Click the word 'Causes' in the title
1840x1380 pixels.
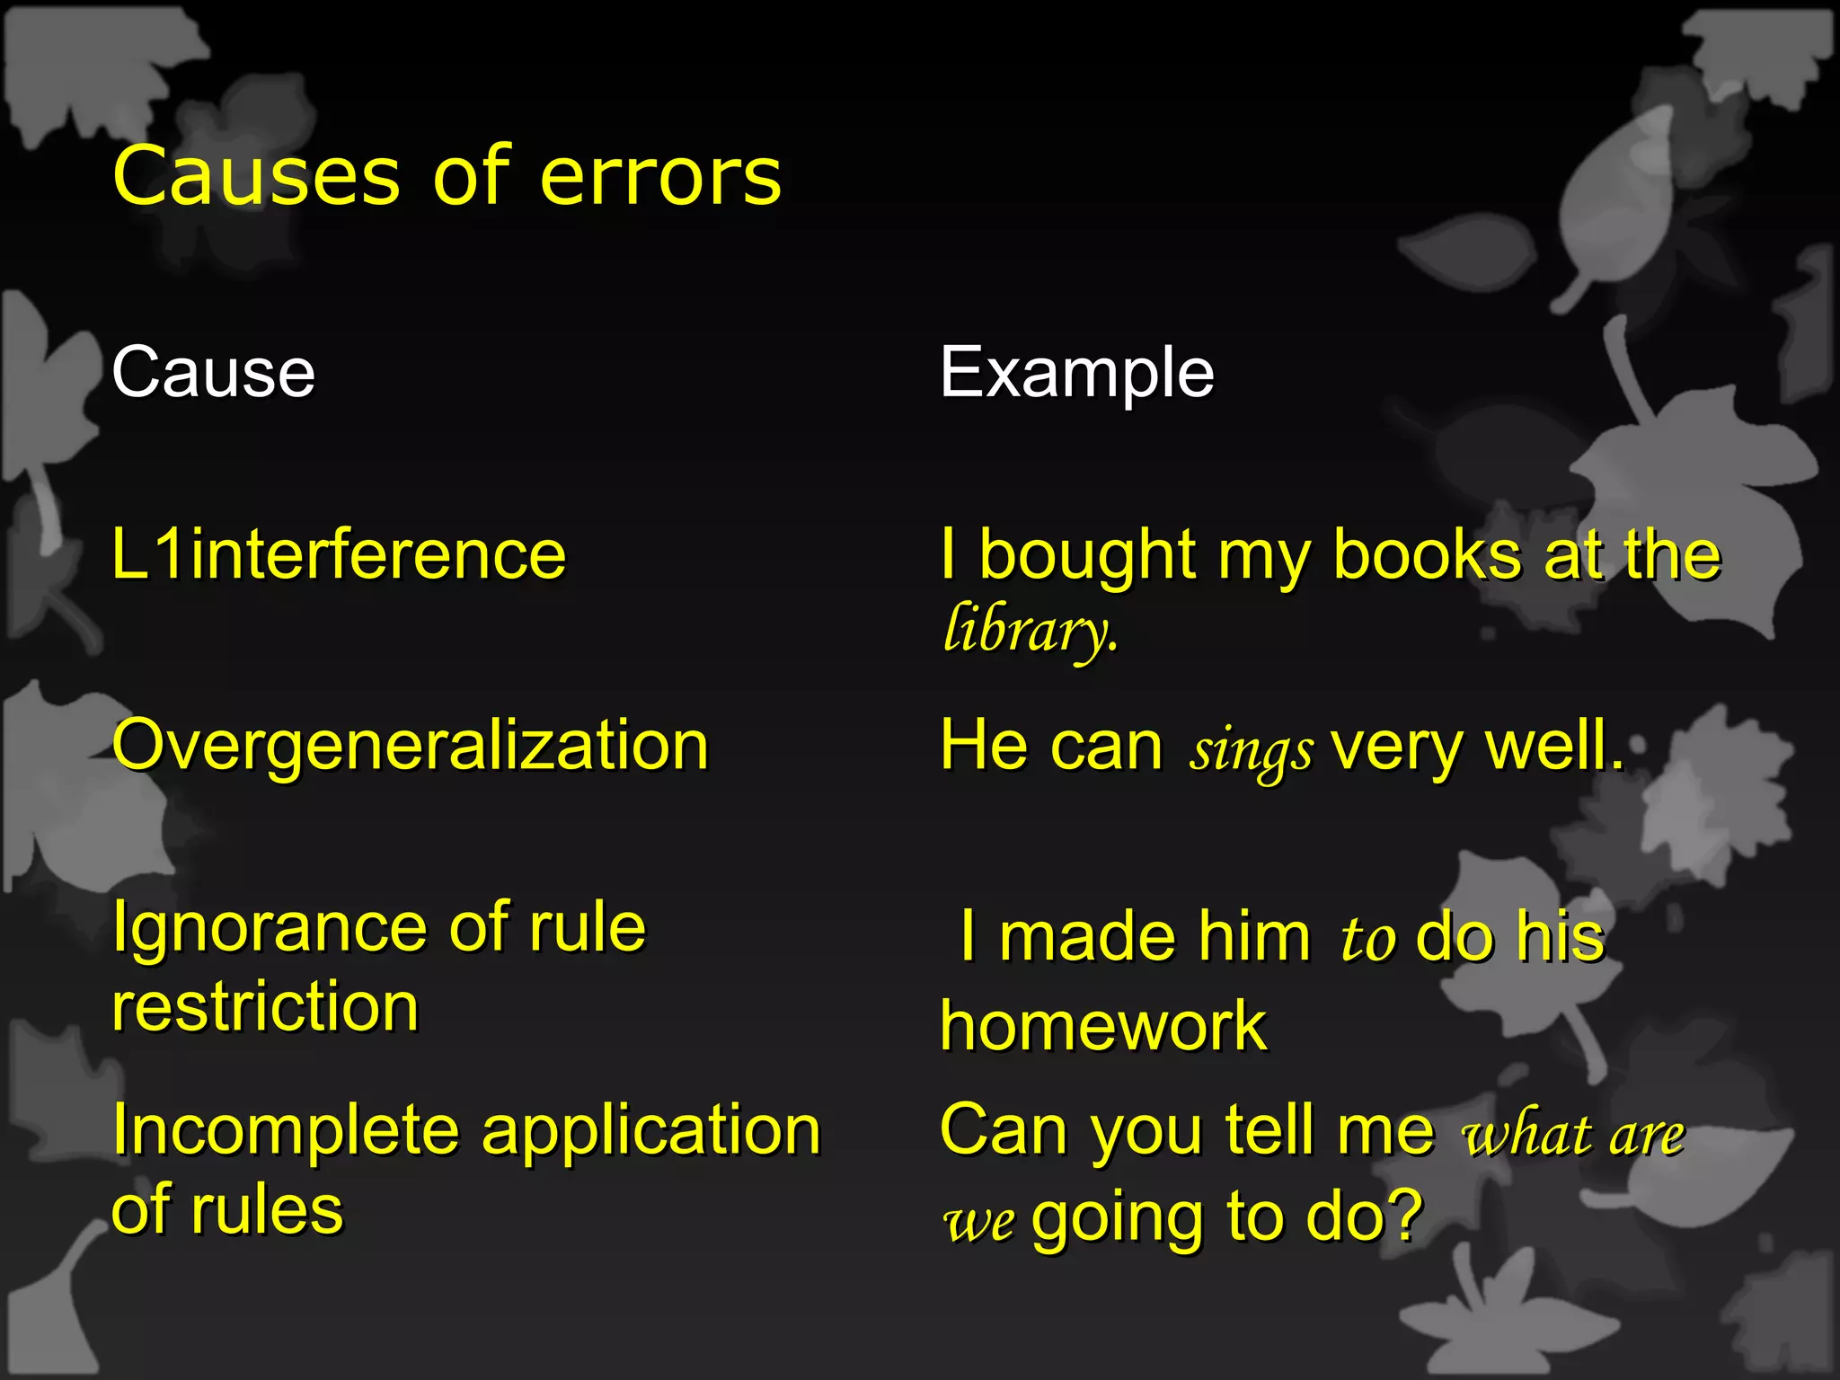click(256, 176)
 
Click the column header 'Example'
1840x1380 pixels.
click(1076, 374)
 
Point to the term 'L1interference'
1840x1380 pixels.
click(339, 554)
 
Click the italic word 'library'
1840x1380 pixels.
click(1029, 631)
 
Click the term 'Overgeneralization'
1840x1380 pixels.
click(411, 747)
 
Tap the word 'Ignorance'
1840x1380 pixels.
click(269, 929)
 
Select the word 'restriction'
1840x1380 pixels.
click(265, 1006)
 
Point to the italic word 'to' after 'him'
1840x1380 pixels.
click(1367, 939)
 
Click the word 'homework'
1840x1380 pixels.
click(1103, 1026)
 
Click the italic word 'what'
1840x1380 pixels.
click(1526, 1134)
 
